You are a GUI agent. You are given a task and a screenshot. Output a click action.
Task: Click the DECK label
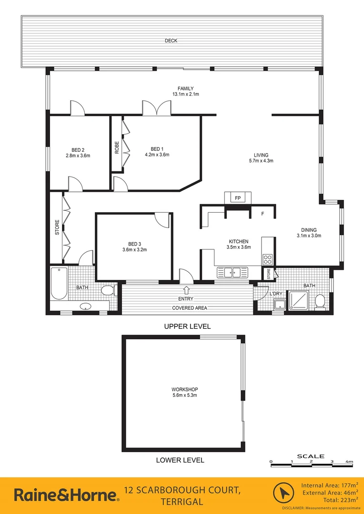pos(171,41)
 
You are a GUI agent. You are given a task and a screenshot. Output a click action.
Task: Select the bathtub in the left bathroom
pos(59,284)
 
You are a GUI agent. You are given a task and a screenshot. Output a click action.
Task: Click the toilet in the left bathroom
pos(108,290)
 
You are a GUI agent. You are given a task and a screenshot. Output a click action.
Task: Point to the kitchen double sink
pos(233,273)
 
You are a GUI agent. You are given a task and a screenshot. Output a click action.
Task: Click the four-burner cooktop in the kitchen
pos(268,260)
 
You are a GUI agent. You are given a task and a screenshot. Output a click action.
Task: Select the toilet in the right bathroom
pos(320,301)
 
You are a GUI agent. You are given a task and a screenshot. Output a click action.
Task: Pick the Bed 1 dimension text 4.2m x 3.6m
pos(157,155)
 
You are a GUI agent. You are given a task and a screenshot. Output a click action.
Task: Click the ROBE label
pos(117,148)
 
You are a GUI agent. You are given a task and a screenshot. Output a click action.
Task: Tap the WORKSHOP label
pos(185,389)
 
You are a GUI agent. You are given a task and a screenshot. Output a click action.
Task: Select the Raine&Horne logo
pos(66,495)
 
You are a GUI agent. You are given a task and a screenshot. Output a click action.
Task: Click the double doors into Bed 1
pos(156,109)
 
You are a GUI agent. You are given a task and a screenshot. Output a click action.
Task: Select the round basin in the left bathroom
pos(86,306)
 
